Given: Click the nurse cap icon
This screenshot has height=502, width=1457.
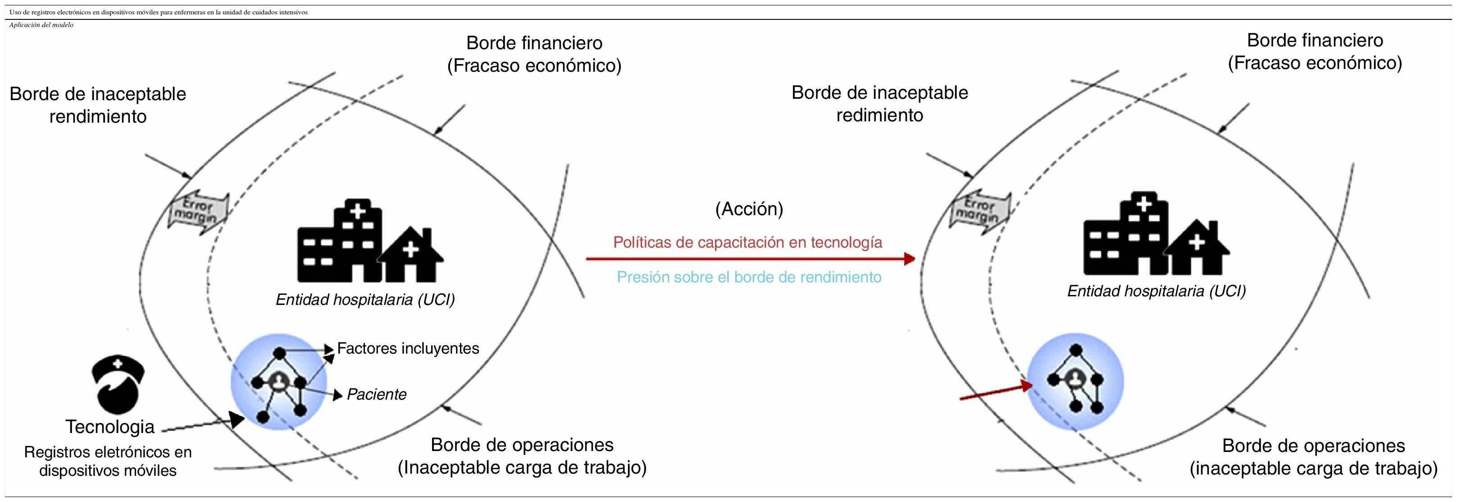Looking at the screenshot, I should (x=118, y=385).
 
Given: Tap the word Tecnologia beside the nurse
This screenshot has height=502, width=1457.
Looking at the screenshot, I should (x=110, y=427).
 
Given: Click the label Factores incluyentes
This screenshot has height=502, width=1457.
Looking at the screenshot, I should (x=408, y=348).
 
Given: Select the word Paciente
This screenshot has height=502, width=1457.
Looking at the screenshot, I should (x=376, y=395).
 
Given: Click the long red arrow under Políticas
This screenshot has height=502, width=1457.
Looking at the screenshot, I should (x=749, y=259).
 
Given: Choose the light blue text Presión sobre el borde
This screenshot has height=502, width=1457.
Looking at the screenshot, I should (x=749, y=277).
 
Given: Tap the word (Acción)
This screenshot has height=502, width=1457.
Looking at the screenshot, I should (x=749, y=209).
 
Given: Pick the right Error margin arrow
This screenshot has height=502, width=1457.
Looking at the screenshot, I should (x=980, y=211).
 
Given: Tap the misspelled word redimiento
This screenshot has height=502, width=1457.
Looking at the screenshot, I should (x=879, y=115).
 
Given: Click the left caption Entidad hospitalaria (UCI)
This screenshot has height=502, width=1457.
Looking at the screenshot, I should (x=365, y=300).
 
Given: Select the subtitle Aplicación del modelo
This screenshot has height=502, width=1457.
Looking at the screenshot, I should (x=41, y=25).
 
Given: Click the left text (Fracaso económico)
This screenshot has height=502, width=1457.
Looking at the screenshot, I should (x=534, y=66).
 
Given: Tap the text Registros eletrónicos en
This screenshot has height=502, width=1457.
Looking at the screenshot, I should (x=108, y=452).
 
